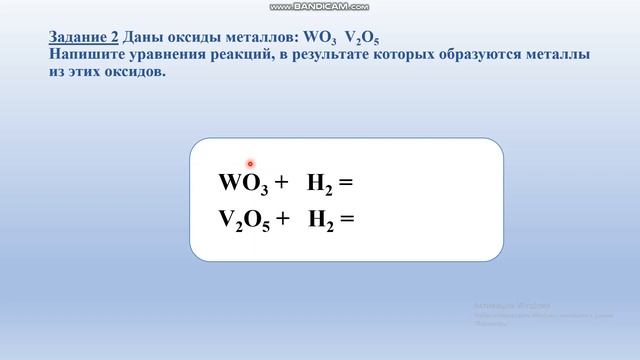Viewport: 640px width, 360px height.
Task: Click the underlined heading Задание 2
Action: click(x=83, y=36)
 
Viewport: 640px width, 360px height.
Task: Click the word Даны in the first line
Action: click(x=142, y=36)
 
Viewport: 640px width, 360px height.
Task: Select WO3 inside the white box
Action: click(x=245, y=185)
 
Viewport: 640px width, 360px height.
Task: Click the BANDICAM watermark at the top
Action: click(x=319, y=7)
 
